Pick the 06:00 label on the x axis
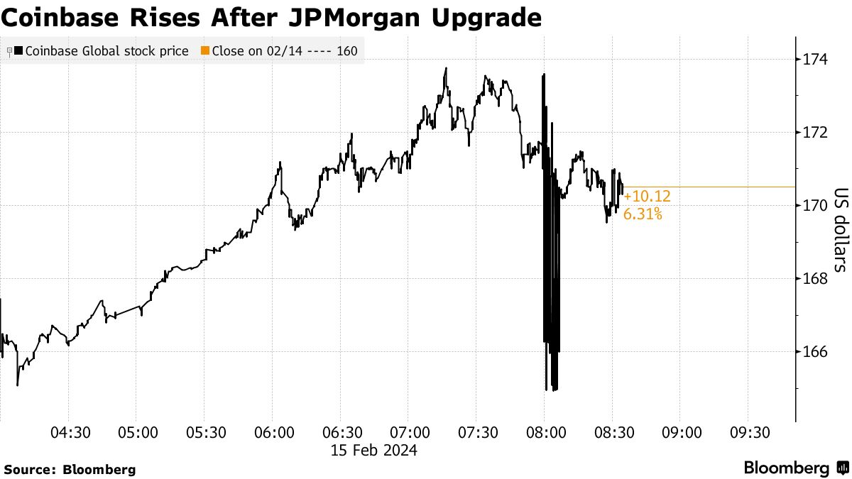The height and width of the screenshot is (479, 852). [273, 433]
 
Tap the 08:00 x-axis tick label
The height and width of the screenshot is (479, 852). [545, 433]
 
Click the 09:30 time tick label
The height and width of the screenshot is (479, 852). [748, 433]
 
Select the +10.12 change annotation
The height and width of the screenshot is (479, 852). [647, 197]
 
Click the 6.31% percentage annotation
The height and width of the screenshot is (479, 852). [643, 214]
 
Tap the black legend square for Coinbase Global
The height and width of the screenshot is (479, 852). [18, 51]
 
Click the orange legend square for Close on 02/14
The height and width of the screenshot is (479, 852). [205, 51]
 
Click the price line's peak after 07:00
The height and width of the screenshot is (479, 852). [445, 68]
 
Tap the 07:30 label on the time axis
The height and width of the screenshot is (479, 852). [478, 433]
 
